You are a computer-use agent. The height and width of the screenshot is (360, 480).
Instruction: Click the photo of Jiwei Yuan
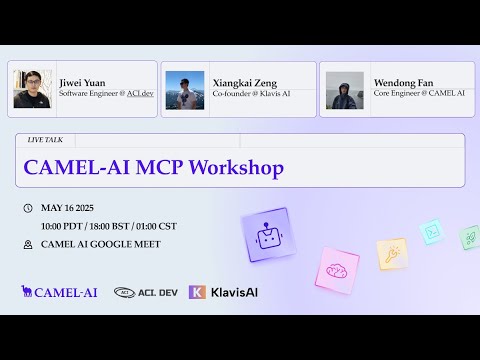click(x=32, y=89)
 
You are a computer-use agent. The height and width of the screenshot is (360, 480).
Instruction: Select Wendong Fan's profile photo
click(x=345, y=89)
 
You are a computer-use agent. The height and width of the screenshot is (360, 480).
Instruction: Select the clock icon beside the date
click(x=27, y=208)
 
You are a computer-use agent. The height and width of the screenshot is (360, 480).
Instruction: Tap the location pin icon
click(x=27, y=244)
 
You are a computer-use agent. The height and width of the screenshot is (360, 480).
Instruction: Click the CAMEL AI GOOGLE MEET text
click(x=100, y=244)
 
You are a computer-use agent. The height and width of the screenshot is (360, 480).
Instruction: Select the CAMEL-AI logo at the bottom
click(x=59, y=292)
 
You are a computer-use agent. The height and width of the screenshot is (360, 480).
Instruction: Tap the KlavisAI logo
click(x=223, y=292)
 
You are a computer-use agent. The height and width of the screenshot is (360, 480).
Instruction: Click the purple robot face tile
click(x=266, y=235)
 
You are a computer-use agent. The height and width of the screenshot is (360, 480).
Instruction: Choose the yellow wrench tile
click(x=391, y=254)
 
